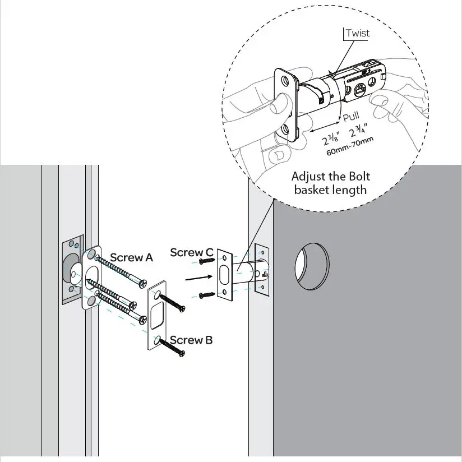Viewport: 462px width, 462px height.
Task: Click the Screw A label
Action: tap(131, 257)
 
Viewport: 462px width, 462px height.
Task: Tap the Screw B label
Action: tap(191, 340)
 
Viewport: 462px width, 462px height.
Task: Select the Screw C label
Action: tap(191, 253)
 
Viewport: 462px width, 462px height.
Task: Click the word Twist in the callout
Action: tap(358, 33)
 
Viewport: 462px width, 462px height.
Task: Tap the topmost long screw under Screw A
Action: tap(121, 270)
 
